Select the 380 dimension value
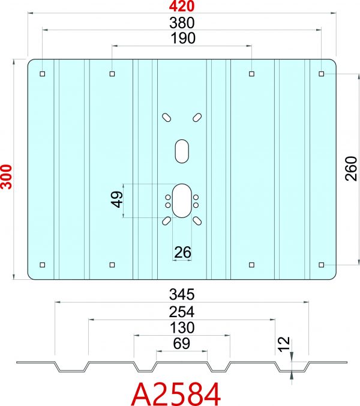pyautogui.click(x=182, y=23)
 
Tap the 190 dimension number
pyautogui.click(x=182, y=38)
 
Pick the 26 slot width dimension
pyautogui.click(x=182, y=253)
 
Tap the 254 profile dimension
pyautogui.click(x=182, y=313)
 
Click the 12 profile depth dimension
pyautogui.click(x=284, y=344)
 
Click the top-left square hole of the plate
pyautogui.click(x=42, y=74)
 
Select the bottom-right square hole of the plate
pyautogui.click(x=322, y=264)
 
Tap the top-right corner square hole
pyautogui.click(x=322, y=74)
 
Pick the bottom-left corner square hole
pyautogui.click(x=42, y=264)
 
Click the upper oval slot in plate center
pyautogui.click(x=182, y=150)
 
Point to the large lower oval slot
pyautogui.click(x=181, y=201)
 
